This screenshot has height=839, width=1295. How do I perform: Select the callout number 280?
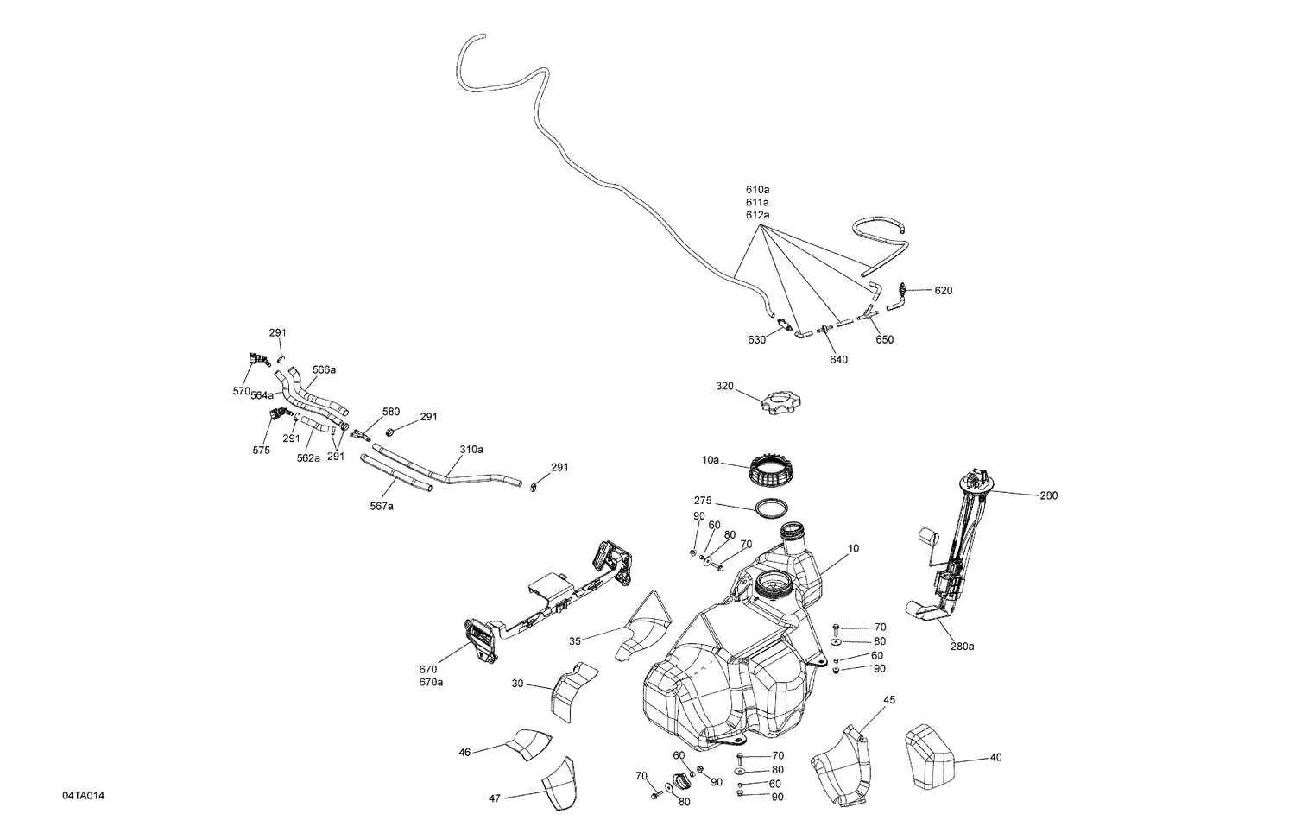point(1048,495)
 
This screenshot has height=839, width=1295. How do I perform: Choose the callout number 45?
point(888,700)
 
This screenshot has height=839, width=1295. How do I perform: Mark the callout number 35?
point(575,641)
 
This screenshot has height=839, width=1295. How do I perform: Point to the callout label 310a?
point(471,450)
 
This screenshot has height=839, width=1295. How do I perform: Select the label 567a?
point(382,506)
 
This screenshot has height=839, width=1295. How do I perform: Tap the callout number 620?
point(943,291)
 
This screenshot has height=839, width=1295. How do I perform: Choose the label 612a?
point(757,214)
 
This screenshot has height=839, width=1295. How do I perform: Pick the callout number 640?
point(837,359)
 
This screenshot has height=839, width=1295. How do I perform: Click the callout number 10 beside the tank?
point(853,548)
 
